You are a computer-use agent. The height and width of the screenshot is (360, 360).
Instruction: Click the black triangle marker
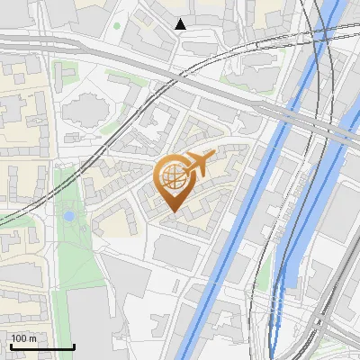[181, 24]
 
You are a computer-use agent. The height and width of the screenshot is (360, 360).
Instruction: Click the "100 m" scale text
[24, 338]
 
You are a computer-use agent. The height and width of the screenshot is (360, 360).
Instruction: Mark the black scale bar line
[41, 346]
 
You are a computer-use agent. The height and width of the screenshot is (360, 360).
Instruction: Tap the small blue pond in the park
[68, 216]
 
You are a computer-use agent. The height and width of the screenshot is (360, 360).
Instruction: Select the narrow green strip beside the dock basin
[267, 270]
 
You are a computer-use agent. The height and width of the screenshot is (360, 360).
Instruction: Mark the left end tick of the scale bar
[10, 344]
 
